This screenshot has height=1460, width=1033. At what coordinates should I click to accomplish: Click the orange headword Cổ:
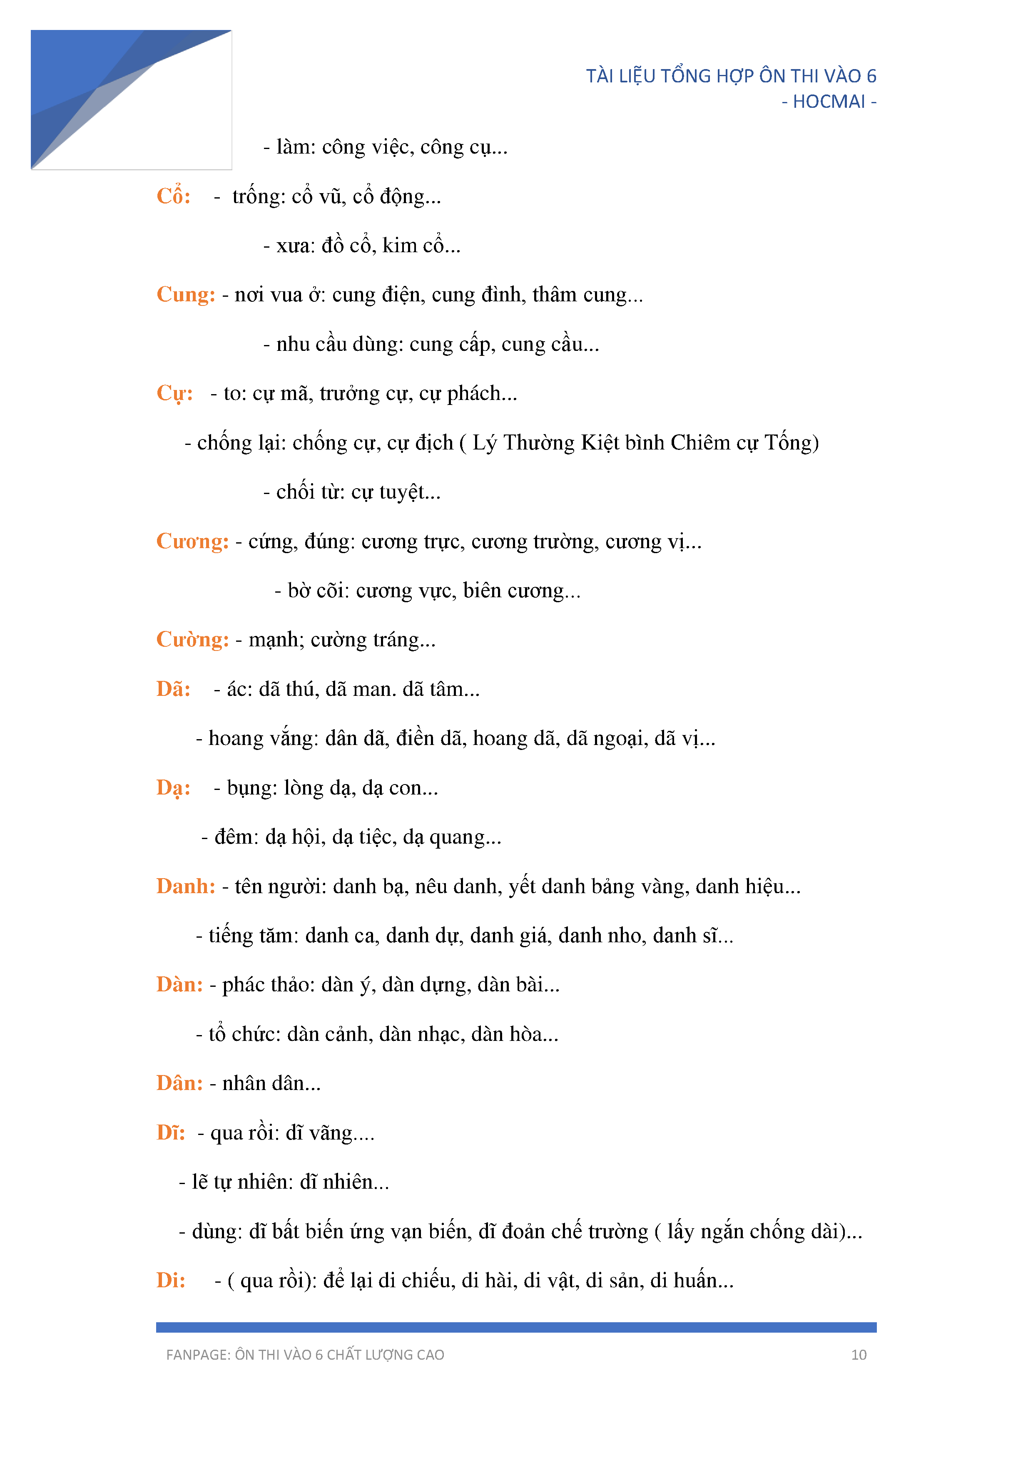[x=173, y=196]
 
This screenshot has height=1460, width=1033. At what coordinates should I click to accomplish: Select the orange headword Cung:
[x=186, y=295]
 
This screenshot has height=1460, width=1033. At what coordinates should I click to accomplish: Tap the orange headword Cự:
[x=174, y=394]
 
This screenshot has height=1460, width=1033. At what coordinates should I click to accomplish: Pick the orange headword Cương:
[x=192, y=542]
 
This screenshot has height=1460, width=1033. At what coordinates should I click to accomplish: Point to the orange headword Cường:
[x=192, y=640]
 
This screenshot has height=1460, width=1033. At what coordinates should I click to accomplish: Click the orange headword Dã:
[x=173, y=689]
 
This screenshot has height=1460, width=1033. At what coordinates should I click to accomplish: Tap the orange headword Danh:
[x=186, y=886]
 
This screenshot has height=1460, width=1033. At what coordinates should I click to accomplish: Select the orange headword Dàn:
[x=179, y=985]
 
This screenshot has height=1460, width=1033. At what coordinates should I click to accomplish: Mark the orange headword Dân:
[x=179, y=1083]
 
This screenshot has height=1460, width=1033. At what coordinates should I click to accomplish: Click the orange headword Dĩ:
[x=170, y=1133]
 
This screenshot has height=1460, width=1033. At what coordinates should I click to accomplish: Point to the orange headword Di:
[x=170, y=1281]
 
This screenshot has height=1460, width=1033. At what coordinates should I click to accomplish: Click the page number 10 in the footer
[x=859, y=1355]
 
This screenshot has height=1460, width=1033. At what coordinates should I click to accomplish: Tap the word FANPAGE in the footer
[x=197, y=1355]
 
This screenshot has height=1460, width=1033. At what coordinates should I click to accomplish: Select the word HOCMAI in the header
[x=829, y=102]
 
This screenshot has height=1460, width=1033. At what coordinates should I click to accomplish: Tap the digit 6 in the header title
[x=871, y=76]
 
